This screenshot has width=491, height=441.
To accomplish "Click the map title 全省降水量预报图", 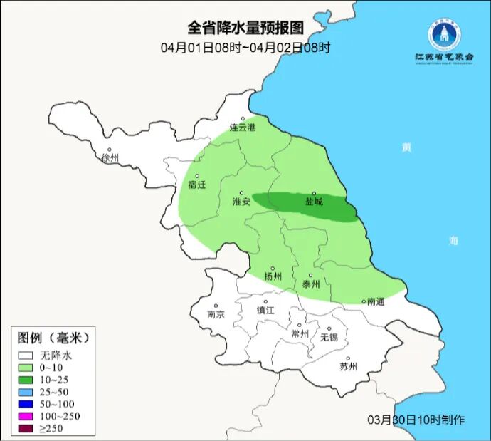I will click(x=245, y=28).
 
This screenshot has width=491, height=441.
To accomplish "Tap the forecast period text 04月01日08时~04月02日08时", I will click(x=245, y=48).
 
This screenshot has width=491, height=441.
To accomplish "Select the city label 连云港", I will click(x=242, y=128).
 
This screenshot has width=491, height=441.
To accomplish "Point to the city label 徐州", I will click(x=110, y=157).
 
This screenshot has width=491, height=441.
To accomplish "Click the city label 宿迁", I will click(x=196, y=185).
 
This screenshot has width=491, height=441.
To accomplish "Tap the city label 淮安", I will click(x=241, y=202).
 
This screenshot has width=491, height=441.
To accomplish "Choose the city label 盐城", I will click(x=314, y=202).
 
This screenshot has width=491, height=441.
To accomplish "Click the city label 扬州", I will click(x=273, y=276).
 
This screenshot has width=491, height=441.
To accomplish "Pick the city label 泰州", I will click(x=311, y=283).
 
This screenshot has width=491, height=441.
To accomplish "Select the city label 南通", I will click(x=376, y=301).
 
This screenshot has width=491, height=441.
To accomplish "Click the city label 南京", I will click(x=216, y=314).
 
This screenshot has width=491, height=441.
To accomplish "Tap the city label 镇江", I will click(x=265, y=311).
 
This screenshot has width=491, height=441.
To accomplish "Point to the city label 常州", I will click(x=300, y=333).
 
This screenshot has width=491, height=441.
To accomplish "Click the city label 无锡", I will click(x=329, y=336).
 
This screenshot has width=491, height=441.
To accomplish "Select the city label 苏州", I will click(x=348, y=367).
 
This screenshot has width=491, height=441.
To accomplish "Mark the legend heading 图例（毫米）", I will click(x=53, y=337).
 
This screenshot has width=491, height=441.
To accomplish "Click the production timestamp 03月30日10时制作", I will click(x=416, y=420).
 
